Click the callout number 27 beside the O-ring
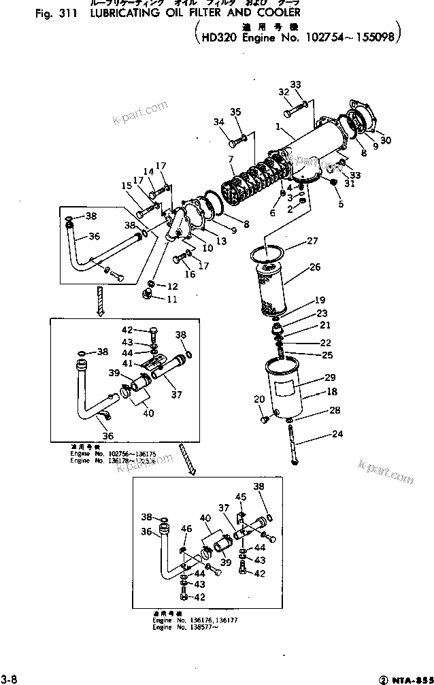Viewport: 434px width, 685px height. point(312,241)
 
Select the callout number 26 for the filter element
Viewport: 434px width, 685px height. point(314,267)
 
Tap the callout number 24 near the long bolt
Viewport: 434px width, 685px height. point(318,434)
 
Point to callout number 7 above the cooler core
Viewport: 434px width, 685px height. point(231,159)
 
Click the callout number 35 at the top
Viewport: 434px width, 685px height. point(235,112)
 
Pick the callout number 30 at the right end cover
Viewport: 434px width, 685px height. point(386,141)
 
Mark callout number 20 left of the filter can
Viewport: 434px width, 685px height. point(258,399)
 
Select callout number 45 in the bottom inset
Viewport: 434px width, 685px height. point(240,497)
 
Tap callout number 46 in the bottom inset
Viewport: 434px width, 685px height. point(187,529)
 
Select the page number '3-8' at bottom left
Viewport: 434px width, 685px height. point(9,678)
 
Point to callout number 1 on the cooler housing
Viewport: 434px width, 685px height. point(278,127)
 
